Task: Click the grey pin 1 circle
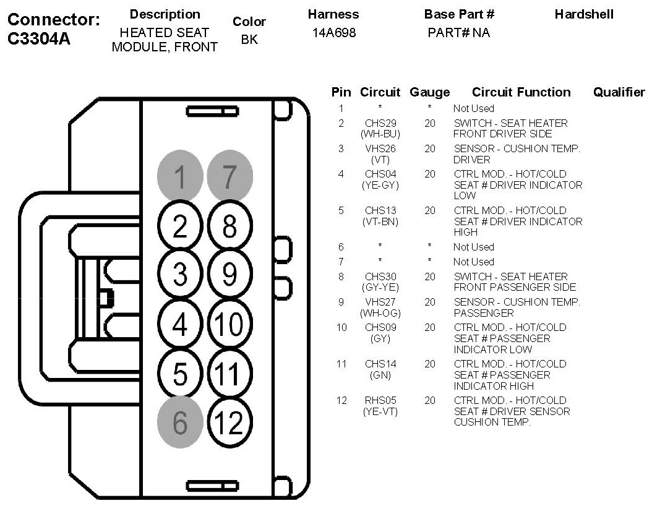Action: tap(180, 177)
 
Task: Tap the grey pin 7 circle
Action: tap(229, 177)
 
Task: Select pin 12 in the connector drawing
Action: tap(229, 423)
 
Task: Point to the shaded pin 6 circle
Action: tap(180, 423)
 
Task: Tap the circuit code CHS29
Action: tap(380, 123)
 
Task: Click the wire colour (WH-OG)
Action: tap(380, 313)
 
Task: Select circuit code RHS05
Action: tap(380, 400)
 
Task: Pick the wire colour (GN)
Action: tap(380, 375)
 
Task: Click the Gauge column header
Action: tap(429, 92)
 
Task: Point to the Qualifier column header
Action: tap(619, 92)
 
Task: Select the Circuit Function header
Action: tap(521, 92)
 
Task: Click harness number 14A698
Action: tap(334, 33)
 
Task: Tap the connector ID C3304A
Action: tap(39, 39)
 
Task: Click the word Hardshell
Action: tap(584, 14)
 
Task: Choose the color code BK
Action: tap(249, 40)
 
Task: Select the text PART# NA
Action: tap(458, 33)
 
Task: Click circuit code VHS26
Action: tap(380, 148)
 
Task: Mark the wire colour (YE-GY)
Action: tap(380, 185)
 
